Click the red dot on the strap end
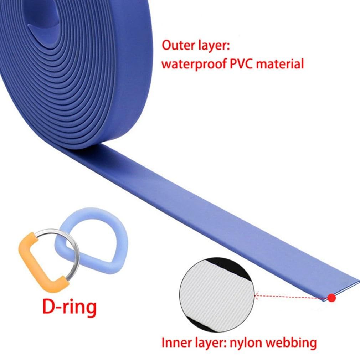pyautogui.click(x=332, y=298)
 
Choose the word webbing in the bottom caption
pyautogui.click(x=291, y=343)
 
